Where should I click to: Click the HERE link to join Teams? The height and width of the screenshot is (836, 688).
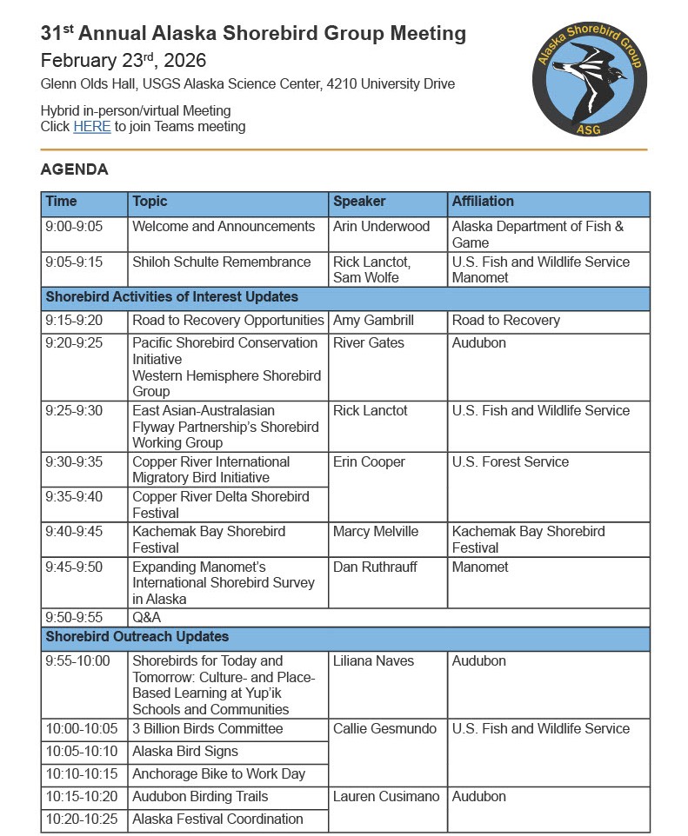[x=91, y=127]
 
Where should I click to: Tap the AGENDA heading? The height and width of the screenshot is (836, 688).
[x=74, y=169]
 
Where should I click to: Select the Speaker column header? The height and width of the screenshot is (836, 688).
[x=359, y=202]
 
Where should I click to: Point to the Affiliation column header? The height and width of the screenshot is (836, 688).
[x=483, y=202]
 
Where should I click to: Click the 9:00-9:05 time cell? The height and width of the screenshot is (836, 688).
[x=74, y=227]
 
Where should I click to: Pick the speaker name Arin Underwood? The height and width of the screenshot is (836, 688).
[x=381, y=227]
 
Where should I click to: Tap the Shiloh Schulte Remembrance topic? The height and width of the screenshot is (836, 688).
[x=221, y=262]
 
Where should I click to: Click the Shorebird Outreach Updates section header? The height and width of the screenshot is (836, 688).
[x=137, y=637]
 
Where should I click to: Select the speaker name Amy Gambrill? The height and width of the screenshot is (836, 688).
[x=373, y=321]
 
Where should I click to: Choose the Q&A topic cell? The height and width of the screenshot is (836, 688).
[x=146, y=618]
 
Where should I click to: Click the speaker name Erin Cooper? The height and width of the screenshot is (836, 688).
[x=369, y=462]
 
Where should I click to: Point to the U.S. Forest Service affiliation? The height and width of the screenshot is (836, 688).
[x=510, y=462]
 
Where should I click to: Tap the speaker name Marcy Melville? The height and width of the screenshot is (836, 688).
[x=376, y=532]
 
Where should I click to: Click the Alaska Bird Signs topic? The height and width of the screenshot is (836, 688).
[x=184, y=752]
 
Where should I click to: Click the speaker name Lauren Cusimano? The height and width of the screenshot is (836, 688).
[x=385, y=797]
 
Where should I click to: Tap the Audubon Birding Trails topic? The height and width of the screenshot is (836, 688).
[x=200, y=797]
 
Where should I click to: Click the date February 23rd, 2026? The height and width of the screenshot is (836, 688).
[x=123, y=61]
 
